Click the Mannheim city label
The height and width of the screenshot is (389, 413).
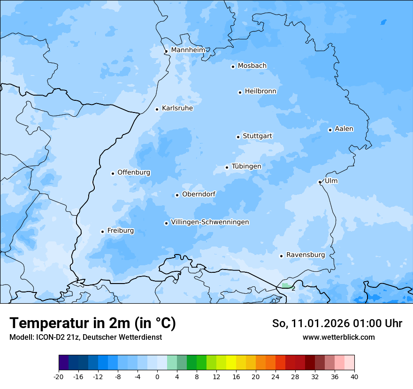[x=188, y=50]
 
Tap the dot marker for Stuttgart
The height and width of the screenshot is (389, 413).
[x=238, y=137]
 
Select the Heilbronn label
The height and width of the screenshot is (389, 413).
[x=260, y=91]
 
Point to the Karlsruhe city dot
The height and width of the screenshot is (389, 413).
[x=157, y=109]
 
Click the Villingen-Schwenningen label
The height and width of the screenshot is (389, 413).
[x=210, y=222]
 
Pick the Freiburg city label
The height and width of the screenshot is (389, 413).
[x=120, y=231]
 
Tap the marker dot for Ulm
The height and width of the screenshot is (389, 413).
[x=320, y=182]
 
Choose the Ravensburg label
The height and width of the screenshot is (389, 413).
[x=306, y=255]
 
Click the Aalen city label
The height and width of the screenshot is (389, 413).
[x=344, y=129]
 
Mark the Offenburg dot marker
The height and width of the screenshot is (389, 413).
[x=113, y=173]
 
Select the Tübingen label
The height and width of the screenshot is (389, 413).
[x=246, y=166]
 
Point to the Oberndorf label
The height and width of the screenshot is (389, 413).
[x=199, y=194]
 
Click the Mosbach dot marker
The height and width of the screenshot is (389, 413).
[x=233, y=67]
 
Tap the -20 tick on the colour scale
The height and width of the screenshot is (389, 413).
[x=59, y=377]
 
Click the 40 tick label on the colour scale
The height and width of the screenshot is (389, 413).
[x=354, y=377]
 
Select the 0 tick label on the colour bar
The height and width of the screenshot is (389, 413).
[x=157, y=377]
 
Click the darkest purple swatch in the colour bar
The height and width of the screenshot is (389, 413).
[x=63, y=363]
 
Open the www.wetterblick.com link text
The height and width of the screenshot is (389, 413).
[x=338, y=337]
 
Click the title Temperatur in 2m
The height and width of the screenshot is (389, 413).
[x=92, y=323]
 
